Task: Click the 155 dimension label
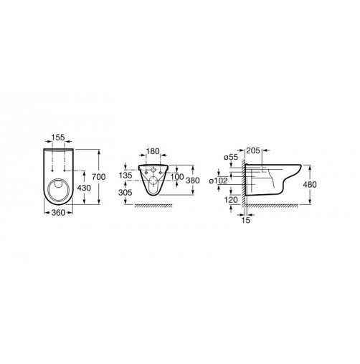click(58, 138)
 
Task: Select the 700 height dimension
click(99, 177)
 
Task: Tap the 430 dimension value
click(84, 188)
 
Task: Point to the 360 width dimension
click(58, 212)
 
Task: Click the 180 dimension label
click(153, 151)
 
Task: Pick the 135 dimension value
click(125, 175)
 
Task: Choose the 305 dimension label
click(125, 192)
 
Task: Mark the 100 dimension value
click(177, 177)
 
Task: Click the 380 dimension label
click(193, 181)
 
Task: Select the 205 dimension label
click(253, 150)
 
